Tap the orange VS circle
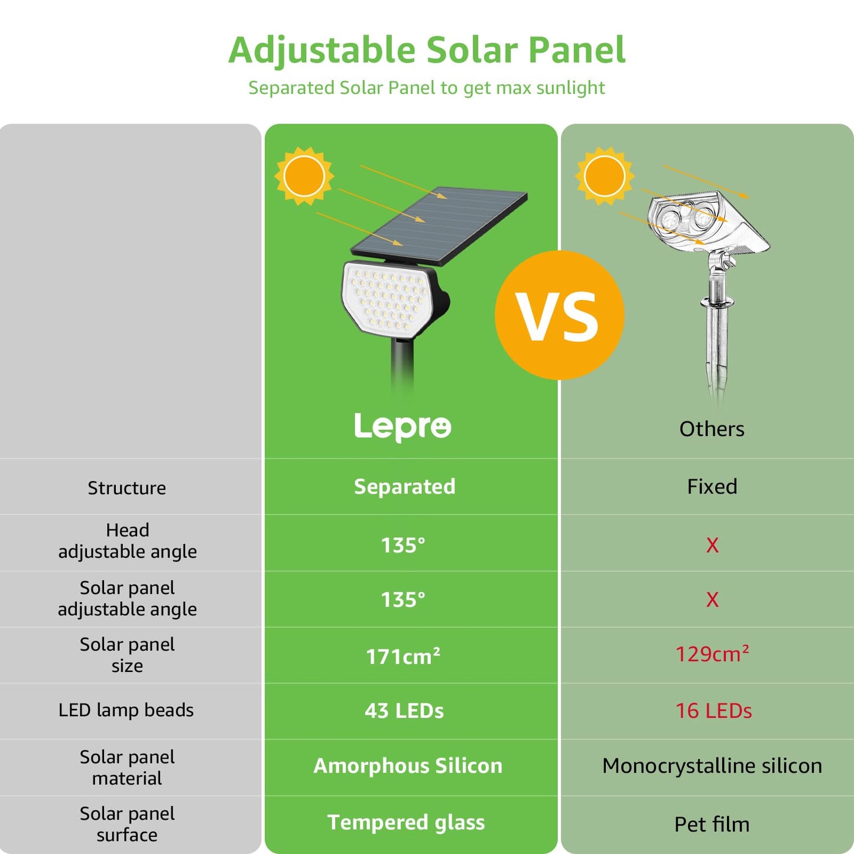pyautogui.click(x=559, y=315)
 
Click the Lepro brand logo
pyautogui.click(x=402, y=427)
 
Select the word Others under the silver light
pyautogui.click(x=712, y=428)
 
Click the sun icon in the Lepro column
pyautogui.click(x=304, y=176)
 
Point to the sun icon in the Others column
pyautogui.click(x=605, y=176)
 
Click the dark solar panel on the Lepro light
pyautogui.click(x=439, y=225)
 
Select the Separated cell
pyautogui.click(x=405, y=486)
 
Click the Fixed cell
pyautogui.click(x=712, y=486)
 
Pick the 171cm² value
pyautogui.click(x=403, y=656)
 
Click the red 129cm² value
pyautogui.click(x=712, y=654)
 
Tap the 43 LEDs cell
pyautogui.click(x=404, y=711)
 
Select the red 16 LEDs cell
pyautogui.click(x=713, y=711)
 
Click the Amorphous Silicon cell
pyautogui.click(x=408, y=766)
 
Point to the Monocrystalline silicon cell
pyautogui.click(x=712, y=766)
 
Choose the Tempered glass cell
pyautogui.click(x=406, y=823)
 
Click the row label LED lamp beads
pyautogui.click(x=126, y=710)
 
